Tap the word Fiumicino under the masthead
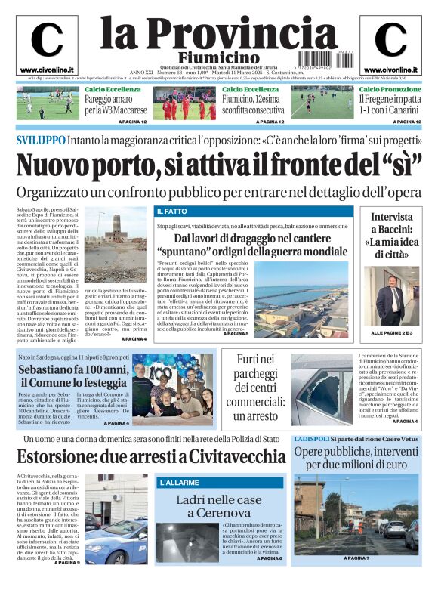219,58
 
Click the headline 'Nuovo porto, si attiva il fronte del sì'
219,164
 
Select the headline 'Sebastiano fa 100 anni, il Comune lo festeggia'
74,376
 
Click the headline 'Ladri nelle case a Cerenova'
218,506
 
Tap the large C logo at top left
47,39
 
